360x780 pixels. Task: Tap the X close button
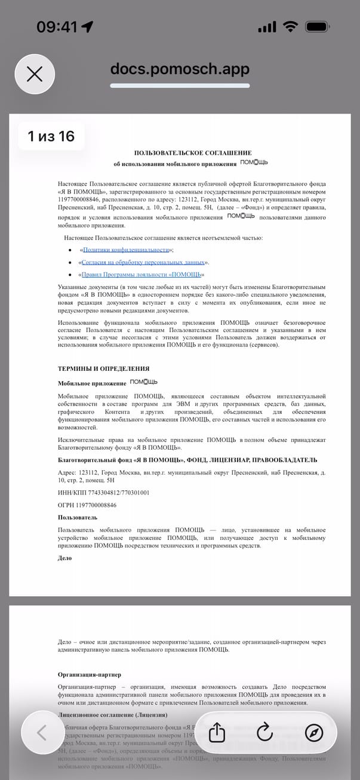35,74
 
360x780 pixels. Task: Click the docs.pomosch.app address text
180,69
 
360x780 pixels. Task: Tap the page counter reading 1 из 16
51,136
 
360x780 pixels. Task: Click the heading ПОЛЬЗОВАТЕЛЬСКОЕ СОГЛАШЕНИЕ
193,153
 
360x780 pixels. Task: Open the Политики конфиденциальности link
127,250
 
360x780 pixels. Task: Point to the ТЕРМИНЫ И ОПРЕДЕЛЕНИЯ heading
103,368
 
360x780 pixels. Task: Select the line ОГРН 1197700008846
87,505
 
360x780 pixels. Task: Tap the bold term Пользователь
78,517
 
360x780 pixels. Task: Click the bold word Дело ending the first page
64,558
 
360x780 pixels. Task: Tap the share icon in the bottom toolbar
217,733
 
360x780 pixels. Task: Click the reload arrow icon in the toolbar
264,733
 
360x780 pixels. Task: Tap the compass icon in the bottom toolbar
313,733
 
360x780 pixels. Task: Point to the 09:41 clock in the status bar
57,27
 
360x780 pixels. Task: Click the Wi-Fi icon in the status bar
291,27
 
